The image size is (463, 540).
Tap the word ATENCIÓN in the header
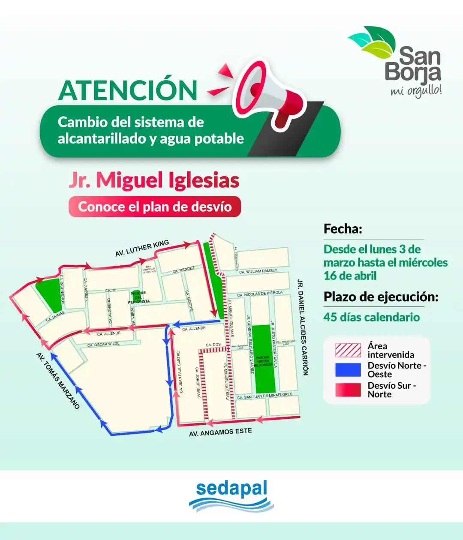[128, 90]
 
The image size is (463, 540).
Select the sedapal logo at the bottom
[231, 495]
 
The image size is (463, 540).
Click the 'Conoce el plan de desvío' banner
[155, 207]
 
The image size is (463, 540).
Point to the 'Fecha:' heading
[343, 229]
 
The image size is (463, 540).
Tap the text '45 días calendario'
[371, 317]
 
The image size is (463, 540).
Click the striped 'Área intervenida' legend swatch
[348, 350]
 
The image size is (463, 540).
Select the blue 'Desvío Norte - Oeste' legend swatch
[348, 370]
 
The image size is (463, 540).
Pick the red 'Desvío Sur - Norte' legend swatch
[348, 390]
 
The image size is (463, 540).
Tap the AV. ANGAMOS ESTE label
[220, 432]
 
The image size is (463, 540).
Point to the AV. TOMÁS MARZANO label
[58, 381]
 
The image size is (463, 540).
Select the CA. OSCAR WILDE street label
[103, 344]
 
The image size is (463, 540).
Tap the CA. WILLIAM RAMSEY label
[258, 271]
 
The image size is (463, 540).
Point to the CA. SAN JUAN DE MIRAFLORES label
[265, 396]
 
